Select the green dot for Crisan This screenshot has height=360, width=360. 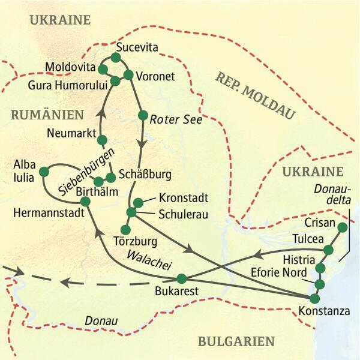coord(342,227)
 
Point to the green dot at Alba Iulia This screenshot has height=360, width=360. coord(44,172)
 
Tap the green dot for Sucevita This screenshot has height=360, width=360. coord(116,58)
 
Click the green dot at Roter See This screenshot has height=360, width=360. coord(142,115)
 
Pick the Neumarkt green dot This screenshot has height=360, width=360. coord(102,140)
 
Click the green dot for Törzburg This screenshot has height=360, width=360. coord(125,230)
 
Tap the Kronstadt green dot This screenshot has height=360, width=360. coord(138,203)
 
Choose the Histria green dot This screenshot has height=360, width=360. coord(320,268)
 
